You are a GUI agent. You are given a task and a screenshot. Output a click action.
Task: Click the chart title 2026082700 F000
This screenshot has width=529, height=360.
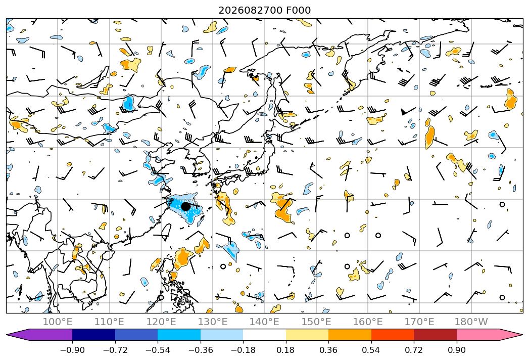click(265, 10)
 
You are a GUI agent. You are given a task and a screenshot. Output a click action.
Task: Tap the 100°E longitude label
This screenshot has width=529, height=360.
click(58, 322)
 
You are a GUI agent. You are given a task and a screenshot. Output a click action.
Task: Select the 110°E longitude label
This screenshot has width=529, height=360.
click(109, 322)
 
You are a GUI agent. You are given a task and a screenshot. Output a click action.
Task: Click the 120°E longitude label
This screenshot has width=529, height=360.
click(161, 322)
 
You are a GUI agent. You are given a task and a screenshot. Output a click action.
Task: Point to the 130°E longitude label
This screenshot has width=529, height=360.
click(213, 322)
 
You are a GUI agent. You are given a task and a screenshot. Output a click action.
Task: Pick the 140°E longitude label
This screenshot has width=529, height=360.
click(265, 322)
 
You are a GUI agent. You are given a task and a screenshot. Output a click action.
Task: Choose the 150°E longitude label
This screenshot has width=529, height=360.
click(316, 322)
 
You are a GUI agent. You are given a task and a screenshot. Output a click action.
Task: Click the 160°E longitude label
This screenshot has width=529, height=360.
click(368, 322)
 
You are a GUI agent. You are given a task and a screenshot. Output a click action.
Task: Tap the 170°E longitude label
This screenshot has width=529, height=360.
click(419, 322)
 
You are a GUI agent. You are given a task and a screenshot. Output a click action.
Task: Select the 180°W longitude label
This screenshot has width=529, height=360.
click(471, 322)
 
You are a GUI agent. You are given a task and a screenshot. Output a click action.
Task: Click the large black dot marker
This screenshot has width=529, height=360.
click(185, 206)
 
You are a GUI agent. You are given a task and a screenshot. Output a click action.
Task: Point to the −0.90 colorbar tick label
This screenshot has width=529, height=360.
click(72, 350)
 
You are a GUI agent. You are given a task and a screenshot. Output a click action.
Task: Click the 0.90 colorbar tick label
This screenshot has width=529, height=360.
click(456, 350)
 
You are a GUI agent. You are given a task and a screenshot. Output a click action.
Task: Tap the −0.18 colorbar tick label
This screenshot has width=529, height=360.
click(243, 350)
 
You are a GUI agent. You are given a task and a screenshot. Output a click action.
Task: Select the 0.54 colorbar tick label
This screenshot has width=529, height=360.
click(371, 350)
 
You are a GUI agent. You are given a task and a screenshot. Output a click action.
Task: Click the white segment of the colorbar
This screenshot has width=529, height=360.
click(265, 335)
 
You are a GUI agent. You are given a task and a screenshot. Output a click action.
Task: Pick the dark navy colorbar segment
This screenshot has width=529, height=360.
click(94, 335)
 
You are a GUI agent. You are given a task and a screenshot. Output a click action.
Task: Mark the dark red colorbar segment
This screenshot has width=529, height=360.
click(435, 335)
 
